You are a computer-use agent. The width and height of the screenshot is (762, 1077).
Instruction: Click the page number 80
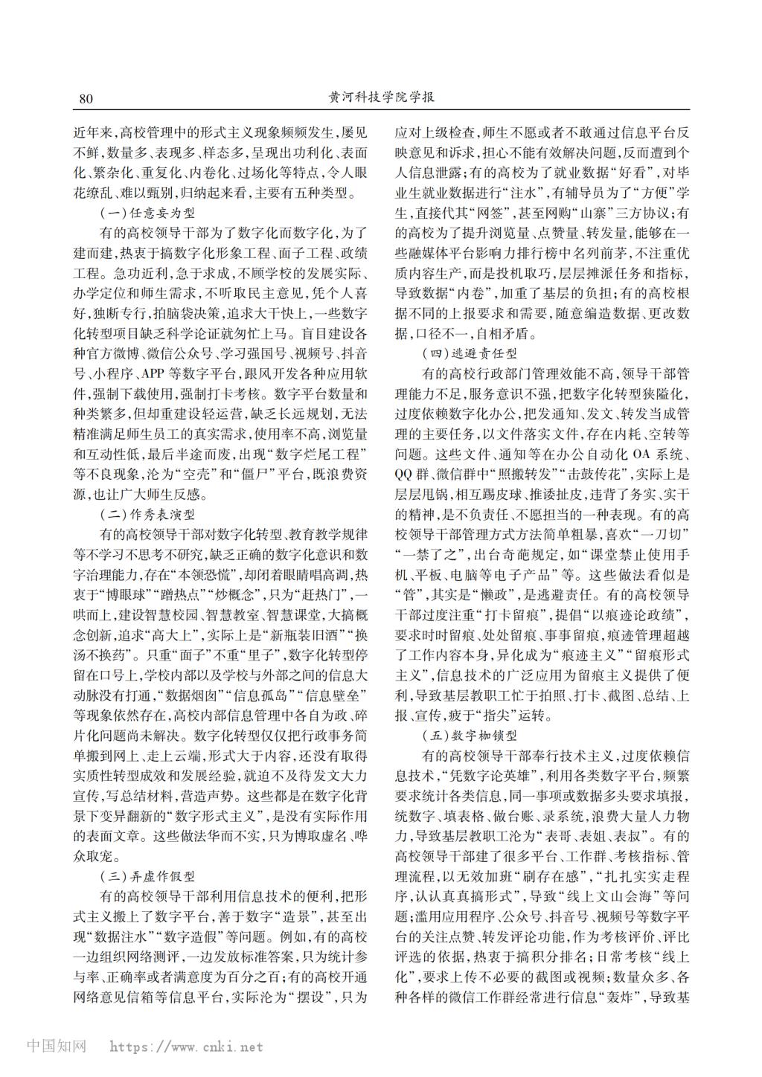[84, 100]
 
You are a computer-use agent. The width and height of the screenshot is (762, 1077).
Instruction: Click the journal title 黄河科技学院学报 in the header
[381, 99]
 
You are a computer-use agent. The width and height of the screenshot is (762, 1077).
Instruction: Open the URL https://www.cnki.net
[186, 1047]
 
